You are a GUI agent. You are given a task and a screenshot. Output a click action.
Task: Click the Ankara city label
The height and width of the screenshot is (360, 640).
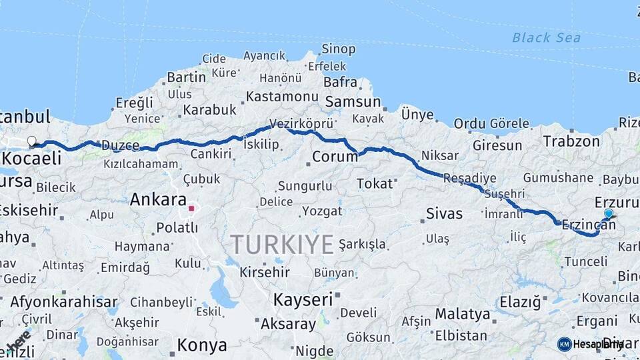158,199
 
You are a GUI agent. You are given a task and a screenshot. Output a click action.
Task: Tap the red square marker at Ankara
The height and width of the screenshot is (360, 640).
191,209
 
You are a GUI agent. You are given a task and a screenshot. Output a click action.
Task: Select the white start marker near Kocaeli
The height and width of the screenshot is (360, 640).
31,141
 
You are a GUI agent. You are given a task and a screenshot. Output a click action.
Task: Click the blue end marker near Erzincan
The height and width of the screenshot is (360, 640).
608,214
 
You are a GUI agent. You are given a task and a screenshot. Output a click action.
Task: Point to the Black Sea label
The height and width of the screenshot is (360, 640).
546,38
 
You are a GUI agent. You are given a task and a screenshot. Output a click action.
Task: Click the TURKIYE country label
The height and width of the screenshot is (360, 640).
282,245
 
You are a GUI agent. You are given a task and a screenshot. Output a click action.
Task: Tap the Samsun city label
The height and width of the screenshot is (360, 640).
353,103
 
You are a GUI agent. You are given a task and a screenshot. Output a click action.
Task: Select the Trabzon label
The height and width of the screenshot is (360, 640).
571,141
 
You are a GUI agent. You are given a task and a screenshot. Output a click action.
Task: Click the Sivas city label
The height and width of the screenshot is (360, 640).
443,214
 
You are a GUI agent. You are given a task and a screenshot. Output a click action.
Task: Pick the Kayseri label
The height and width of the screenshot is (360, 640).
303,299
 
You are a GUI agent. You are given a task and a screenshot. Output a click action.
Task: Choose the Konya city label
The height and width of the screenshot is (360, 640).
202,346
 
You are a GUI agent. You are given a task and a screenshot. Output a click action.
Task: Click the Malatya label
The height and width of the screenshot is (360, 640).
462,313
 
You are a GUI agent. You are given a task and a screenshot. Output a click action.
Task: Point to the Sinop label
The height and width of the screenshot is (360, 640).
338,49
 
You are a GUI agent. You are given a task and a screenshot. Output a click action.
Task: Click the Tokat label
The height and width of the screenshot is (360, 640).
375,183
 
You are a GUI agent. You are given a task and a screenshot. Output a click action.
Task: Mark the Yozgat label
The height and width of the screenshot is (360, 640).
322,211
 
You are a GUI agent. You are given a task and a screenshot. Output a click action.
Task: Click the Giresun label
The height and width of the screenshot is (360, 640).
497,145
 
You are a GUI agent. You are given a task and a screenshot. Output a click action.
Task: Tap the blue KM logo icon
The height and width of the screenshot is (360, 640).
564,344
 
